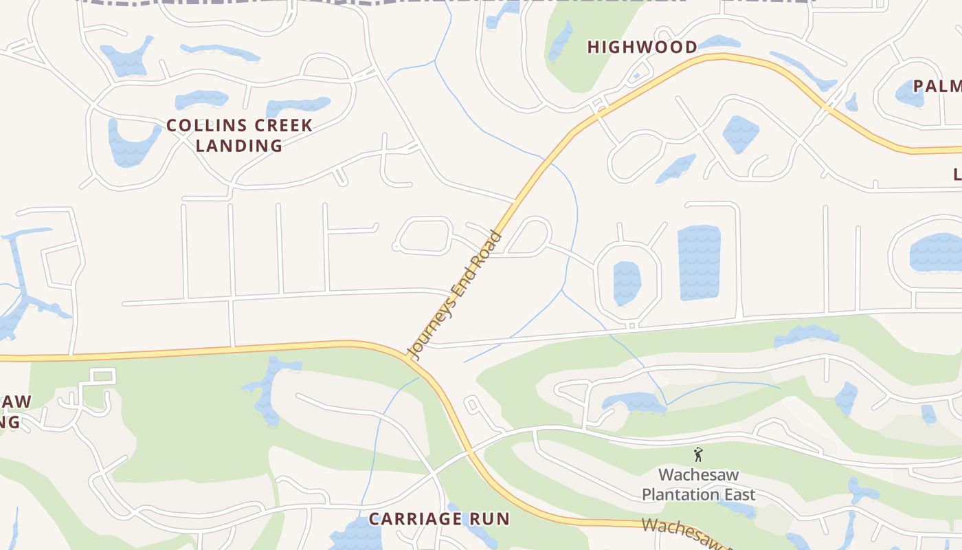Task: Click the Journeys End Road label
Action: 456,296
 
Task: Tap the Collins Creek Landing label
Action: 239,135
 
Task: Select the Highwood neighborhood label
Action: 642,47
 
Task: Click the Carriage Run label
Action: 439,518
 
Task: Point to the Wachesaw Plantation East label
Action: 698,484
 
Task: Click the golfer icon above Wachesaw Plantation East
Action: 698,454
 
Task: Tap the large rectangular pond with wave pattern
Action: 699,263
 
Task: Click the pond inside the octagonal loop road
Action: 627,283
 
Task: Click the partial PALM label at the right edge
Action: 937,87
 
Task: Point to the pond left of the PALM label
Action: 910,93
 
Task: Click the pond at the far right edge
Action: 936,252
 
